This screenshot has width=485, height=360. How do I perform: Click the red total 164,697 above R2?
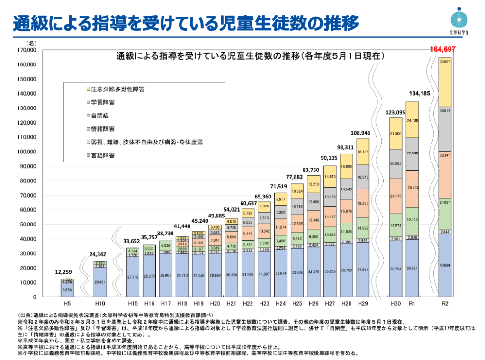pos(442,49)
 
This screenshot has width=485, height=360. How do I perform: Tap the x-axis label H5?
pos(67,303)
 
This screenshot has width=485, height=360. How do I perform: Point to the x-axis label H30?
pos(395,303)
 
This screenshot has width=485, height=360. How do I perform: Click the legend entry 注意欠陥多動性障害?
pos(112,89)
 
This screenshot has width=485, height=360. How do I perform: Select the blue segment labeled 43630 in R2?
pos(445,265)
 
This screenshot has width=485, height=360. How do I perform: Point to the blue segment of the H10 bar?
pos(100,282)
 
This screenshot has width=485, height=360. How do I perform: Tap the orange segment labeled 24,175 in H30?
pos(395,196)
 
